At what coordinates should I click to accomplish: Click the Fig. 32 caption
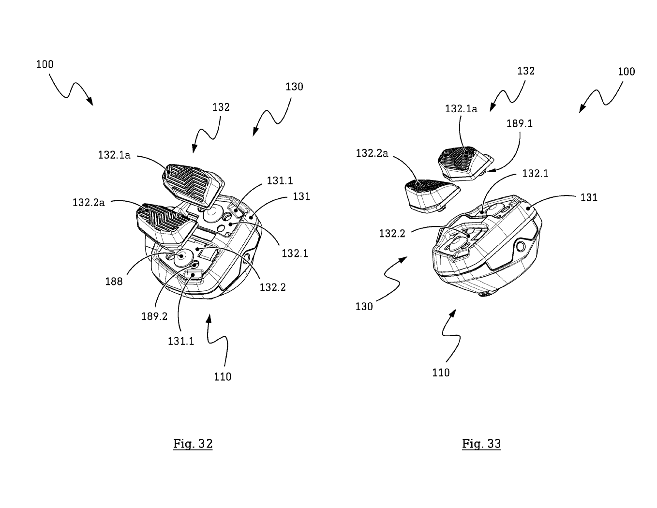point(193,444)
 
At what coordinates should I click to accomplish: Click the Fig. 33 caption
point(481,444)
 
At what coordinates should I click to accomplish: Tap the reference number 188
point(114,282)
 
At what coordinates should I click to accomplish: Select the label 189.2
point(154,317)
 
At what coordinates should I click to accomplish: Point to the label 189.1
point(520,124)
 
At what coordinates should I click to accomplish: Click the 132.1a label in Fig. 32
point(114,155)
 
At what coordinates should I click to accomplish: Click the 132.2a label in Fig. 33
point(372,153)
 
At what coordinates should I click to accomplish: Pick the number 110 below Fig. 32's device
point(223,376)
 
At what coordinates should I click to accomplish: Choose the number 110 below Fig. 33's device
point(441,373)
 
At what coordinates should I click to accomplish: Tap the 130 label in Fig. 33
point(364,306)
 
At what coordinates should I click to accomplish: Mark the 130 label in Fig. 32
point(294,87)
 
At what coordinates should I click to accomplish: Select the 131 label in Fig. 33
point(589,197)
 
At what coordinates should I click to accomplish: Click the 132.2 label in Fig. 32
point(272,287)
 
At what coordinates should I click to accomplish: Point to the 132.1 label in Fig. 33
point(535,174)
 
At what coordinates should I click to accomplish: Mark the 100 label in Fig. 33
point(626,72)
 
